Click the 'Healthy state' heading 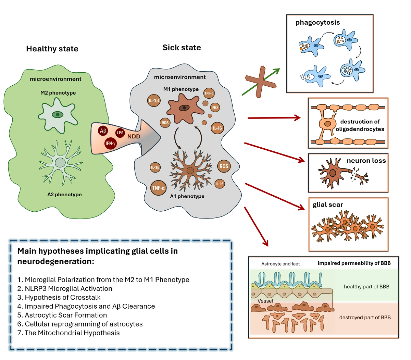pyautogui.click(x=52, y=49)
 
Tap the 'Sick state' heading pyautogui.click(x=182, y=48)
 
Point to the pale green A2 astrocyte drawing pyautogui.click(x=60, y=162)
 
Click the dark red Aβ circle pyautogui.click(x=103, y=131)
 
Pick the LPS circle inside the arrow pyautogui.click(x=120, y=133)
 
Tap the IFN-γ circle pyautogui.click(x=110, y=144)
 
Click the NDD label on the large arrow pyautogui.click(x=134, y=137)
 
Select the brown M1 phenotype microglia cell pyautogui.click(x=184, y=109)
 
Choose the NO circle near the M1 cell pyautogui.click(x=215, y=108)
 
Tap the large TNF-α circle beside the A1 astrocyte pyautogui.click(x=158, y=188)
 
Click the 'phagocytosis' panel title pyautogui.click(x=317, y=23)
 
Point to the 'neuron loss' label pyautogui.click(x=366, y=161)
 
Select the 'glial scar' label pyautogui.click(x=327, y=205)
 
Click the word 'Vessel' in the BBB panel pyautogui.click(x=265, y=301)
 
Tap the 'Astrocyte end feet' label pyautogui.click(x=280, y=264)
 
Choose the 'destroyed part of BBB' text pyautogui.click(x=365, y=318)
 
